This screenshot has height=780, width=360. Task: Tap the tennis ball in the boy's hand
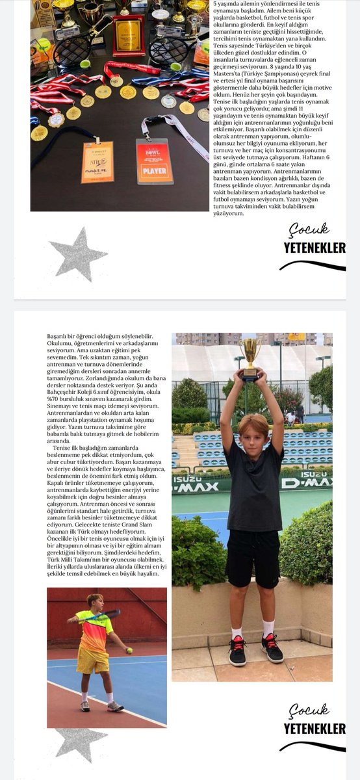tap(129, 649)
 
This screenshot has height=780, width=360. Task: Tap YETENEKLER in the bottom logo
tap(314, 729)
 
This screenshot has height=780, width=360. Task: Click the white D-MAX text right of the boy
tap(305, 482)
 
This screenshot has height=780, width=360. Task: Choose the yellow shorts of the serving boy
tap(92, 659)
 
